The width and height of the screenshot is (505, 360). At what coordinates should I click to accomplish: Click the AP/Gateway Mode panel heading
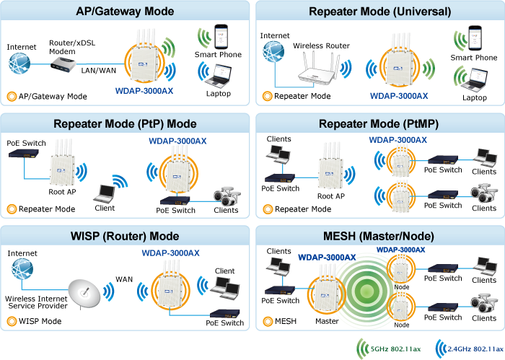pyautogui.click(x=126, y=11)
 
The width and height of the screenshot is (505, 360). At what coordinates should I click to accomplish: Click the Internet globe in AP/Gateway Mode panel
pyautogui.click(x=20, y=64)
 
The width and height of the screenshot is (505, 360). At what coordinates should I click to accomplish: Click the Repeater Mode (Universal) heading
pyautogui.click(x=379, y=11)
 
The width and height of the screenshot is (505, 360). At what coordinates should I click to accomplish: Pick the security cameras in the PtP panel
pyautogui.click(x=226, y=196)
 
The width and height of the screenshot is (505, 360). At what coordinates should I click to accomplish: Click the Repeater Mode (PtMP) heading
pyautogui.click(x=379, y=123)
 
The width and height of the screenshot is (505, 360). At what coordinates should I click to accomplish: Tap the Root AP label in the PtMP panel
pyautogui.click(x=331, y=196)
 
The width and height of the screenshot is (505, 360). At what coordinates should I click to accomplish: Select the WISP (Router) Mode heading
pyautogui.click(x=126, y=236)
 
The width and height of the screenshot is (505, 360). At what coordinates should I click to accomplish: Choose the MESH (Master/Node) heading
pyautogui.click(x=379, y=236)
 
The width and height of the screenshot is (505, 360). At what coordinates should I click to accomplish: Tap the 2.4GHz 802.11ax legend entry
pyautogui.click(x=468, y=349)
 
